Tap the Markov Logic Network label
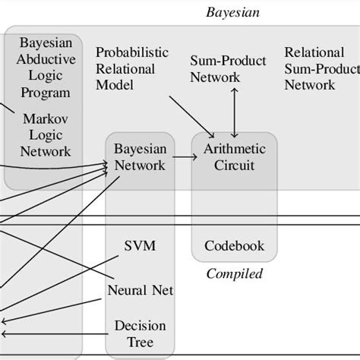click(45, 134)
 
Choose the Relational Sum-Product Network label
click(321, 68)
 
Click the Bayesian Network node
click(139, 157)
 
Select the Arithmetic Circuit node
click(234, 157)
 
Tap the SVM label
click(139, 246)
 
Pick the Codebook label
click(234, 246)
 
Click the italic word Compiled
click(234, 273)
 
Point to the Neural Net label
click(141, 290)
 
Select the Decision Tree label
click(140, 333)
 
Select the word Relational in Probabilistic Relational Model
click(125, 68)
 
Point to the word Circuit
click(234, 166)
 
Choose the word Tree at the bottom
click(140, 342)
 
